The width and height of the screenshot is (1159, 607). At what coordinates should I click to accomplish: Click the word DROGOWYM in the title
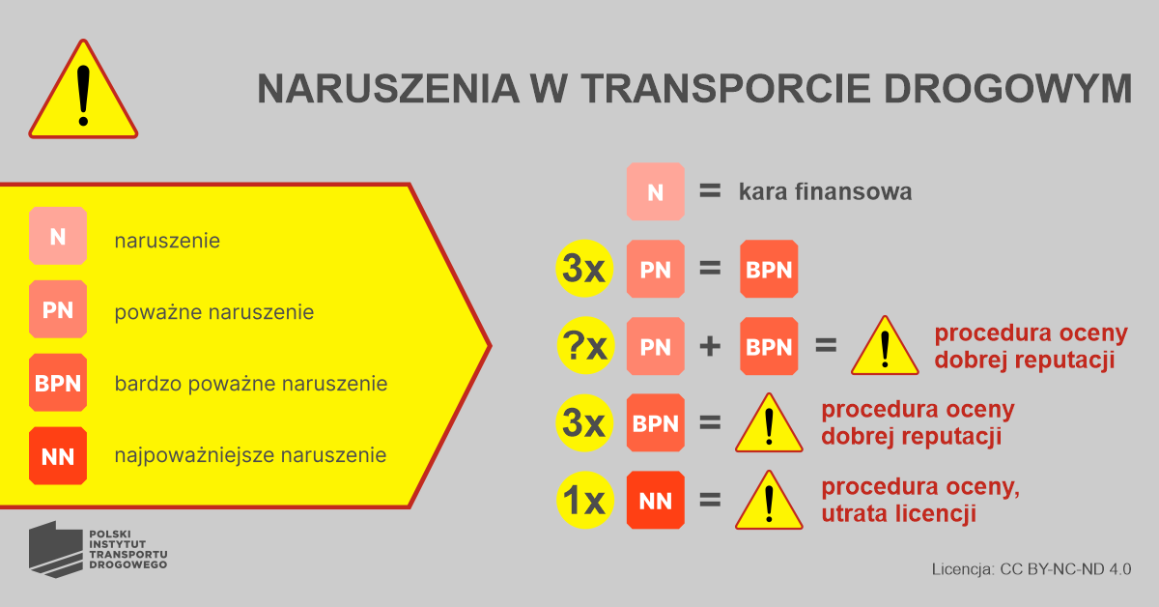pyautogui.click(x=1008, y=89)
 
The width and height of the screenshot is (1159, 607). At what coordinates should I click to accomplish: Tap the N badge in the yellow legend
pyautogui.click(x=58, y=236)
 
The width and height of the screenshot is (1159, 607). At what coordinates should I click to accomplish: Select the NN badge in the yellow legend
pyautogui.click(x=58, y=456)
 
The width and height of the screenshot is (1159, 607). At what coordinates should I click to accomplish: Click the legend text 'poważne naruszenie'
pyautogui.click(x=214, y=312)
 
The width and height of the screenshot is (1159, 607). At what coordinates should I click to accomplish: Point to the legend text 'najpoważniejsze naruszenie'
pyautogui.click(x=250, y=456)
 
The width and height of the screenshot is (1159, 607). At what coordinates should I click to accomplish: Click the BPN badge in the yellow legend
pyautogui.click(x=58, y=383)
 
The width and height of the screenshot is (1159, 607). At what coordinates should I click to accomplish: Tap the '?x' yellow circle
pyautogui.click(x=585, y=345)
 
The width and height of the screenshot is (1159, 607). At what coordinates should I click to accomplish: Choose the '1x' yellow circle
pyautogui.click(x=585, y=500)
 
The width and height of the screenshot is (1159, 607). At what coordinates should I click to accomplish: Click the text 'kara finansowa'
pyautogui.click(x=825, y=191)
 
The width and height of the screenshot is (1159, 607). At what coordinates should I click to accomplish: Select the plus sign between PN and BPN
pyautogui.click(x=710, y=346)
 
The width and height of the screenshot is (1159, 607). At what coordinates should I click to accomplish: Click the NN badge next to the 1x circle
pyautogui.click(x=656, y=501)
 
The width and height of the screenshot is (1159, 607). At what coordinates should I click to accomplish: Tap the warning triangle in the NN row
pyautogui.click(x=769, y=501)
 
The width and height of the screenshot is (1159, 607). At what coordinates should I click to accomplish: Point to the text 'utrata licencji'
pyautogui.click(x=899, y=514)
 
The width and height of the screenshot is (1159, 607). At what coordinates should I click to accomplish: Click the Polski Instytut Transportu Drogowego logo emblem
pyautogui.click(x=55, y=550)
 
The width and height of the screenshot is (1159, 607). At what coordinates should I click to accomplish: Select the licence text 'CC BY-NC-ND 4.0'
pyautogui.click(x=1065, y=569)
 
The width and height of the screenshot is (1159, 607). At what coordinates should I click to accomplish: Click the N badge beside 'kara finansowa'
pyautogui.click(x=656, y=192)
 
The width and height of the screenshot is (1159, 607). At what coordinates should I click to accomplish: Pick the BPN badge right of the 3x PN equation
pyautogui.click(x=769, y=269)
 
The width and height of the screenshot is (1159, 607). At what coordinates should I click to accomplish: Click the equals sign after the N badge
pyautogui.click(x=710, y=191)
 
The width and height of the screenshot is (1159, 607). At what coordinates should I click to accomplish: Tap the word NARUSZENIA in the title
pyautogui.click(x=388, y=89)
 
